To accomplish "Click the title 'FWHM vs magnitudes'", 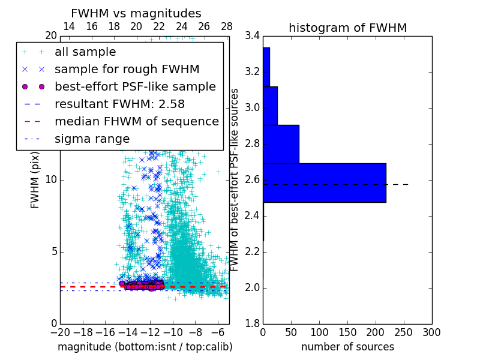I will click(x=136, y=13).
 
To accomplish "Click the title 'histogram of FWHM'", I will click(x=347, y=28).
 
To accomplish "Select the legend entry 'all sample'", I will click(x=85, y=52).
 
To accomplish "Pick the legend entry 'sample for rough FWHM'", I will click(x=127, y=70).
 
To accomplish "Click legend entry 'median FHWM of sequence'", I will click(x=136, y=122).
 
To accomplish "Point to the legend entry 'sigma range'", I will click(x=92, y=139).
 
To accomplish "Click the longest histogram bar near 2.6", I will click(x=324, y=182).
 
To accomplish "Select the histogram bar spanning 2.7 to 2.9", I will click(x=281, y=144).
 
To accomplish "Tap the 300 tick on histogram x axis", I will click(x=431, y=332).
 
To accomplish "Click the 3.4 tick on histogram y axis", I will click(x=252, y=36).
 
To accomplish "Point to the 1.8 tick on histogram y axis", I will click(x=252, y=323).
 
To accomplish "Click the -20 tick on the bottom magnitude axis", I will click(x=60, y=332).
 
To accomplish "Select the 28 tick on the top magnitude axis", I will click(x=227, y=26).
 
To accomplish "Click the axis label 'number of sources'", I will click(x=347, y=347).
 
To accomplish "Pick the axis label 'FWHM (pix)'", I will click(x=35, y=180).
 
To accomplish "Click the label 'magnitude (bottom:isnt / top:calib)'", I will click(x=145, y=347).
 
